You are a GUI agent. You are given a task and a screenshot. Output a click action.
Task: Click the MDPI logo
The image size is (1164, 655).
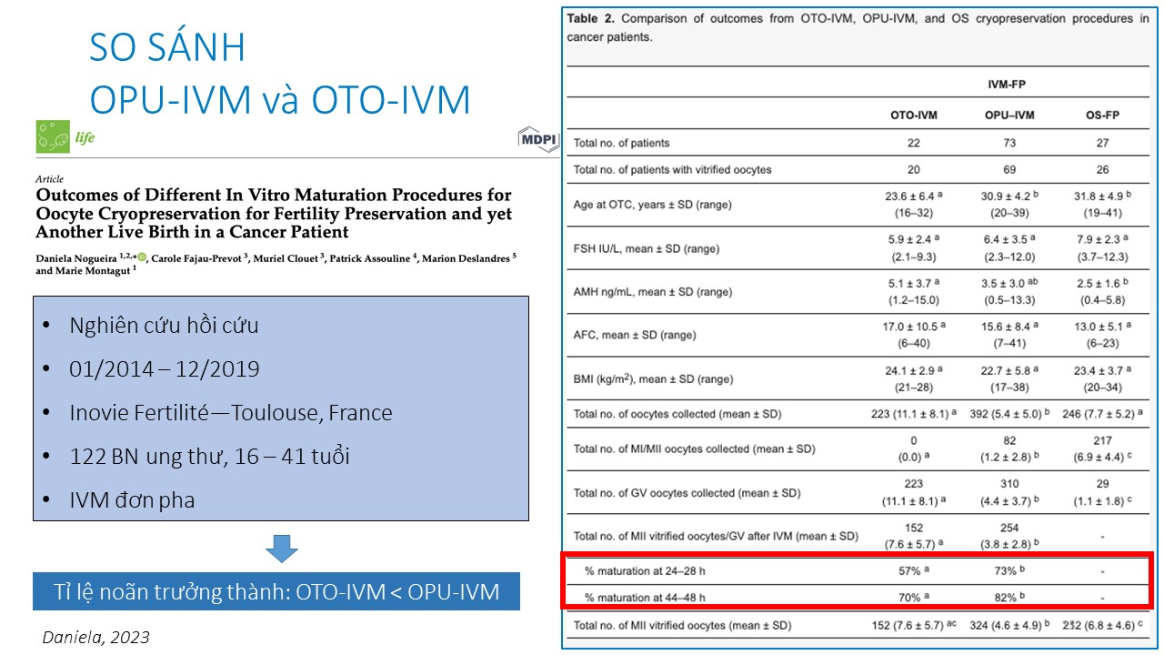[537, 139]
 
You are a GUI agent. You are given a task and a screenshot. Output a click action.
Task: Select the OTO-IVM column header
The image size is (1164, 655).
[914, 116]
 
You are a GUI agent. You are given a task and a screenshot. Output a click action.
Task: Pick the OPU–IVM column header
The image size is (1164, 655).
[1009, 116]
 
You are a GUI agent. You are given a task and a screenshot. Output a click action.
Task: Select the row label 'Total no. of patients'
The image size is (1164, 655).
[621, 143]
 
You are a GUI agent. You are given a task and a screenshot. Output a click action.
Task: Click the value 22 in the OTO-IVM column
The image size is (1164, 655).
[914, 143]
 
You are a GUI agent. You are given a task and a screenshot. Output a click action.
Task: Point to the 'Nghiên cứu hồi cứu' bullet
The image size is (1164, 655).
[164, 326]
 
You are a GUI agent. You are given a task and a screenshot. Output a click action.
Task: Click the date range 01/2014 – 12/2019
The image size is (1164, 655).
[164, 369]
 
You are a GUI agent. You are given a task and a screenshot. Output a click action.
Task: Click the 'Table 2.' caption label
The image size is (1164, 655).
[591, 19]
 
